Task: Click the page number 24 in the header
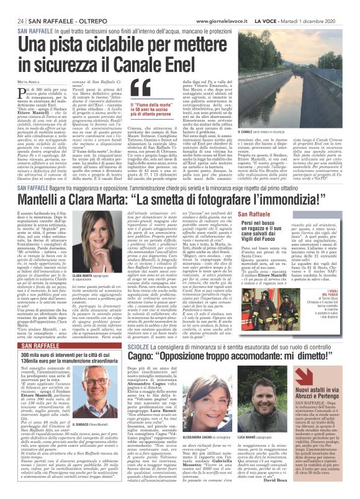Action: pyautogui.click(x=12, y=6)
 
